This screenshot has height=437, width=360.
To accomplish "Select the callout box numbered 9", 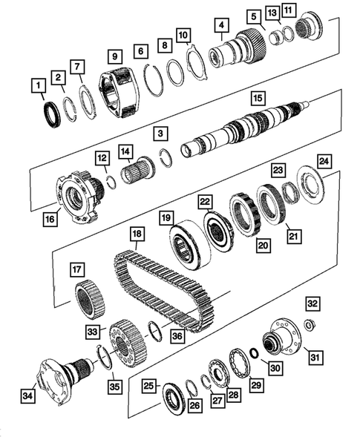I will click(114, 55).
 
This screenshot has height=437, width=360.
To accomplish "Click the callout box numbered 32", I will click(312, 303).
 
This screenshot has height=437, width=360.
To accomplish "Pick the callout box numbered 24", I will click(323, 160).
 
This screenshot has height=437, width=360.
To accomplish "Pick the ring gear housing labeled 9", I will click(120, 92).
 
